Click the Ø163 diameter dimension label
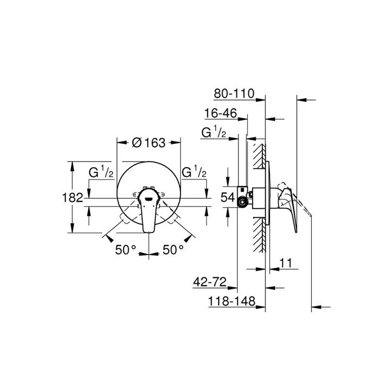pyautogui.click(x=148, y=143)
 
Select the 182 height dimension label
pyautogui.click(x=72, y=197)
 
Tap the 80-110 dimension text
pyautogui.click(x=234, y=94)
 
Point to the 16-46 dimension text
pyautogui.click(x=221, y=113)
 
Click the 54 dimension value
pyautogui.click(x=227, y=197)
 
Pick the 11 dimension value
pyautogui.click(x=286, y=263)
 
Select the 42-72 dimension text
pyautogui.click(x=210, y=282)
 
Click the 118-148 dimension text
pyautogui.click(x=232, y=301)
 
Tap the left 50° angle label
pyautogui.click(x=126, y=250)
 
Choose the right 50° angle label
pyautogui.click(x=173, y=250)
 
